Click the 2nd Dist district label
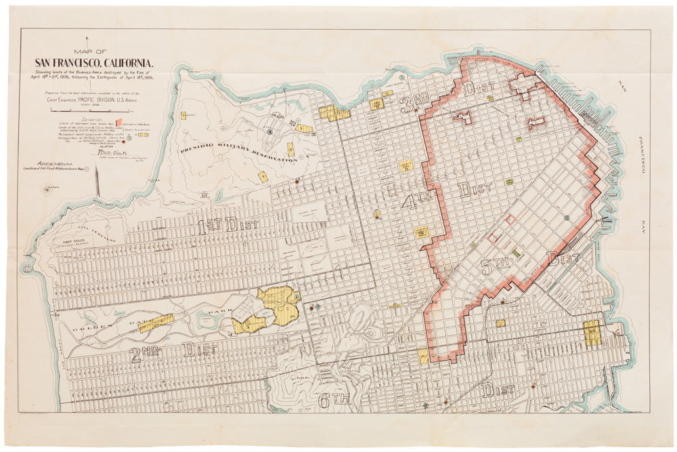click(x=173, y=350)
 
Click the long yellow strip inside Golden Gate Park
click(x=156, y=322)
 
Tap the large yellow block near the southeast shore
click(x=592, y=333)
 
